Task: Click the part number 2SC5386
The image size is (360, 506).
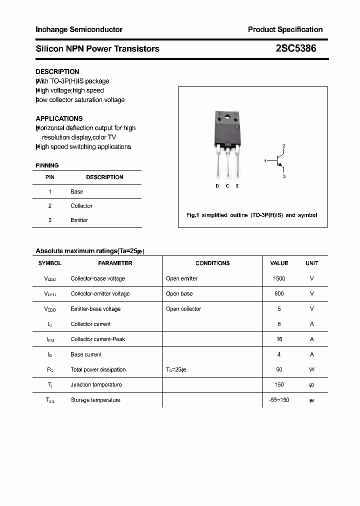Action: (x=295, y=48)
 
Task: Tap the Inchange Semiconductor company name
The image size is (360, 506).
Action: (x=79, y=29)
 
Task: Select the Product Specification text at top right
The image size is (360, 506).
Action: (x=285, y=29)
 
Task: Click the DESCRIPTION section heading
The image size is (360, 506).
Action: (x=57, y=71)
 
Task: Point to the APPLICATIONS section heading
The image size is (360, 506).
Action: (x=59, y=118)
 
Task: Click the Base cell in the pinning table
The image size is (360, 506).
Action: (x=77, y=191)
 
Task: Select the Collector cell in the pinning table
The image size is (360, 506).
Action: (x=81, y=205)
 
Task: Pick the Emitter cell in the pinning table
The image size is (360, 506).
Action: (x=79, y=220)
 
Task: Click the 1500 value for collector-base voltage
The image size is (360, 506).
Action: (x=279, y=278)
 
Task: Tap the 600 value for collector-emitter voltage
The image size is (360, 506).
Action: (x=279, y=293)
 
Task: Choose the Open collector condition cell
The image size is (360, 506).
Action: (x=183, y=309)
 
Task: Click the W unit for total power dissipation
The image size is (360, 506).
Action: (x=311, y=369)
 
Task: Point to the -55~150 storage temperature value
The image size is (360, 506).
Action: (x=279, y=400)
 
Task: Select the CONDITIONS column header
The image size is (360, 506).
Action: (x=212, y=263)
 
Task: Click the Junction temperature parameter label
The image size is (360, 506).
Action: (x=96, y=384)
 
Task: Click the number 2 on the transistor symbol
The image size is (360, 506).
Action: (x=283, y=145)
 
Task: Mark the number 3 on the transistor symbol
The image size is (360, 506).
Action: (x=283, y=176)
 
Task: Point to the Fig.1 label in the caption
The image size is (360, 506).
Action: (x=193, y=215)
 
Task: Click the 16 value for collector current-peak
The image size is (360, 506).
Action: (x=279, y=339)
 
